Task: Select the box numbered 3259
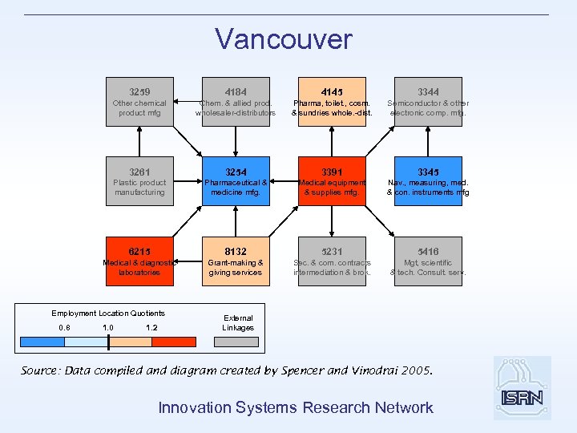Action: [x=139, y=101]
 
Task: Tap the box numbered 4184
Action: [x=236, y=101]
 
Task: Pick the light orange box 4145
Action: [x=332, y=101]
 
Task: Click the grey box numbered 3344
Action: [x=428, y=101]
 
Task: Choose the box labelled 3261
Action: [x=139, y=180]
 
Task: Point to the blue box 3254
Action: [x=236, y=180]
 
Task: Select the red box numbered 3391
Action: [x=332, y=180]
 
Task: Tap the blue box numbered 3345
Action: [x=428, y=180]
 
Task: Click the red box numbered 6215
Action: [x=139, y=261]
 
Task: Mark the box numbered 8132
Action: [x=236, y=261]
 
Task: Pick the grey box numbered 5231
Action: [x=332, y=261]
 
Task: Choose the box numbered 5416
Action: [x=428, y=261]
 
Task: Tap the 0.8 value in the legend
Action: [x=65, y=327]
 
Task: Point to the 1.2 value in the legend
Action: [x=152, y=327]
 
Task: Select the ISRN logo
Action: [x=523, y=389]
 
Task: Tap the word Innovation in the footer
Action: [x=192, y=407]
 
